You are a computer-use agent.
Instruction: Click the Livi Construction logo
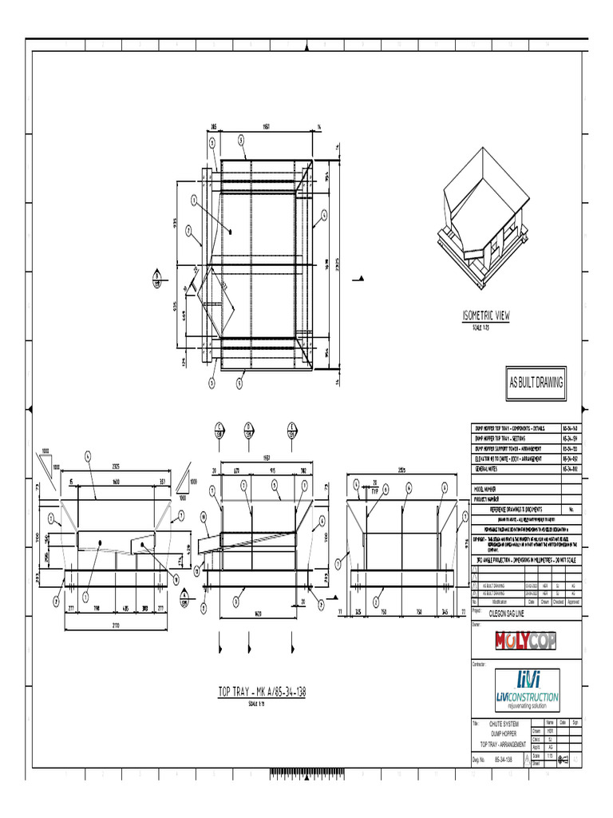click(x=527, y=689)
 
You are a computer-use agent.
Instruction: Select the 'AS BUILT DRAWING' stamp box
click(x=536, y=383)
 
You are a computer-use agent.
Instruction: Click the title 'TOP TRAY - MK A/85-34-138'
click(x=262, y=692)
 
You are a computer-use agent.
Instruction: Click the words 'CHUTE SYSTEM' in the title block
click(x=508, y=725)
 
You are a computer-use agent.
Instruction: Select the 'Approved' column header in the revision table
click(x=572, y=602)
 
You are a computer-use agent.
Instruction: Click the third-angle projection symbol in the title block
click(x=562, y=759)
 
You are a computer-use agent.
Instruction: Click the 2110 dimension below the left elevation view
click(x=117, y=627)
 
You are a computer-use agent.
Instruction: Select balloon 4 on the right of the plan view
click(x=324, y=213)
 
